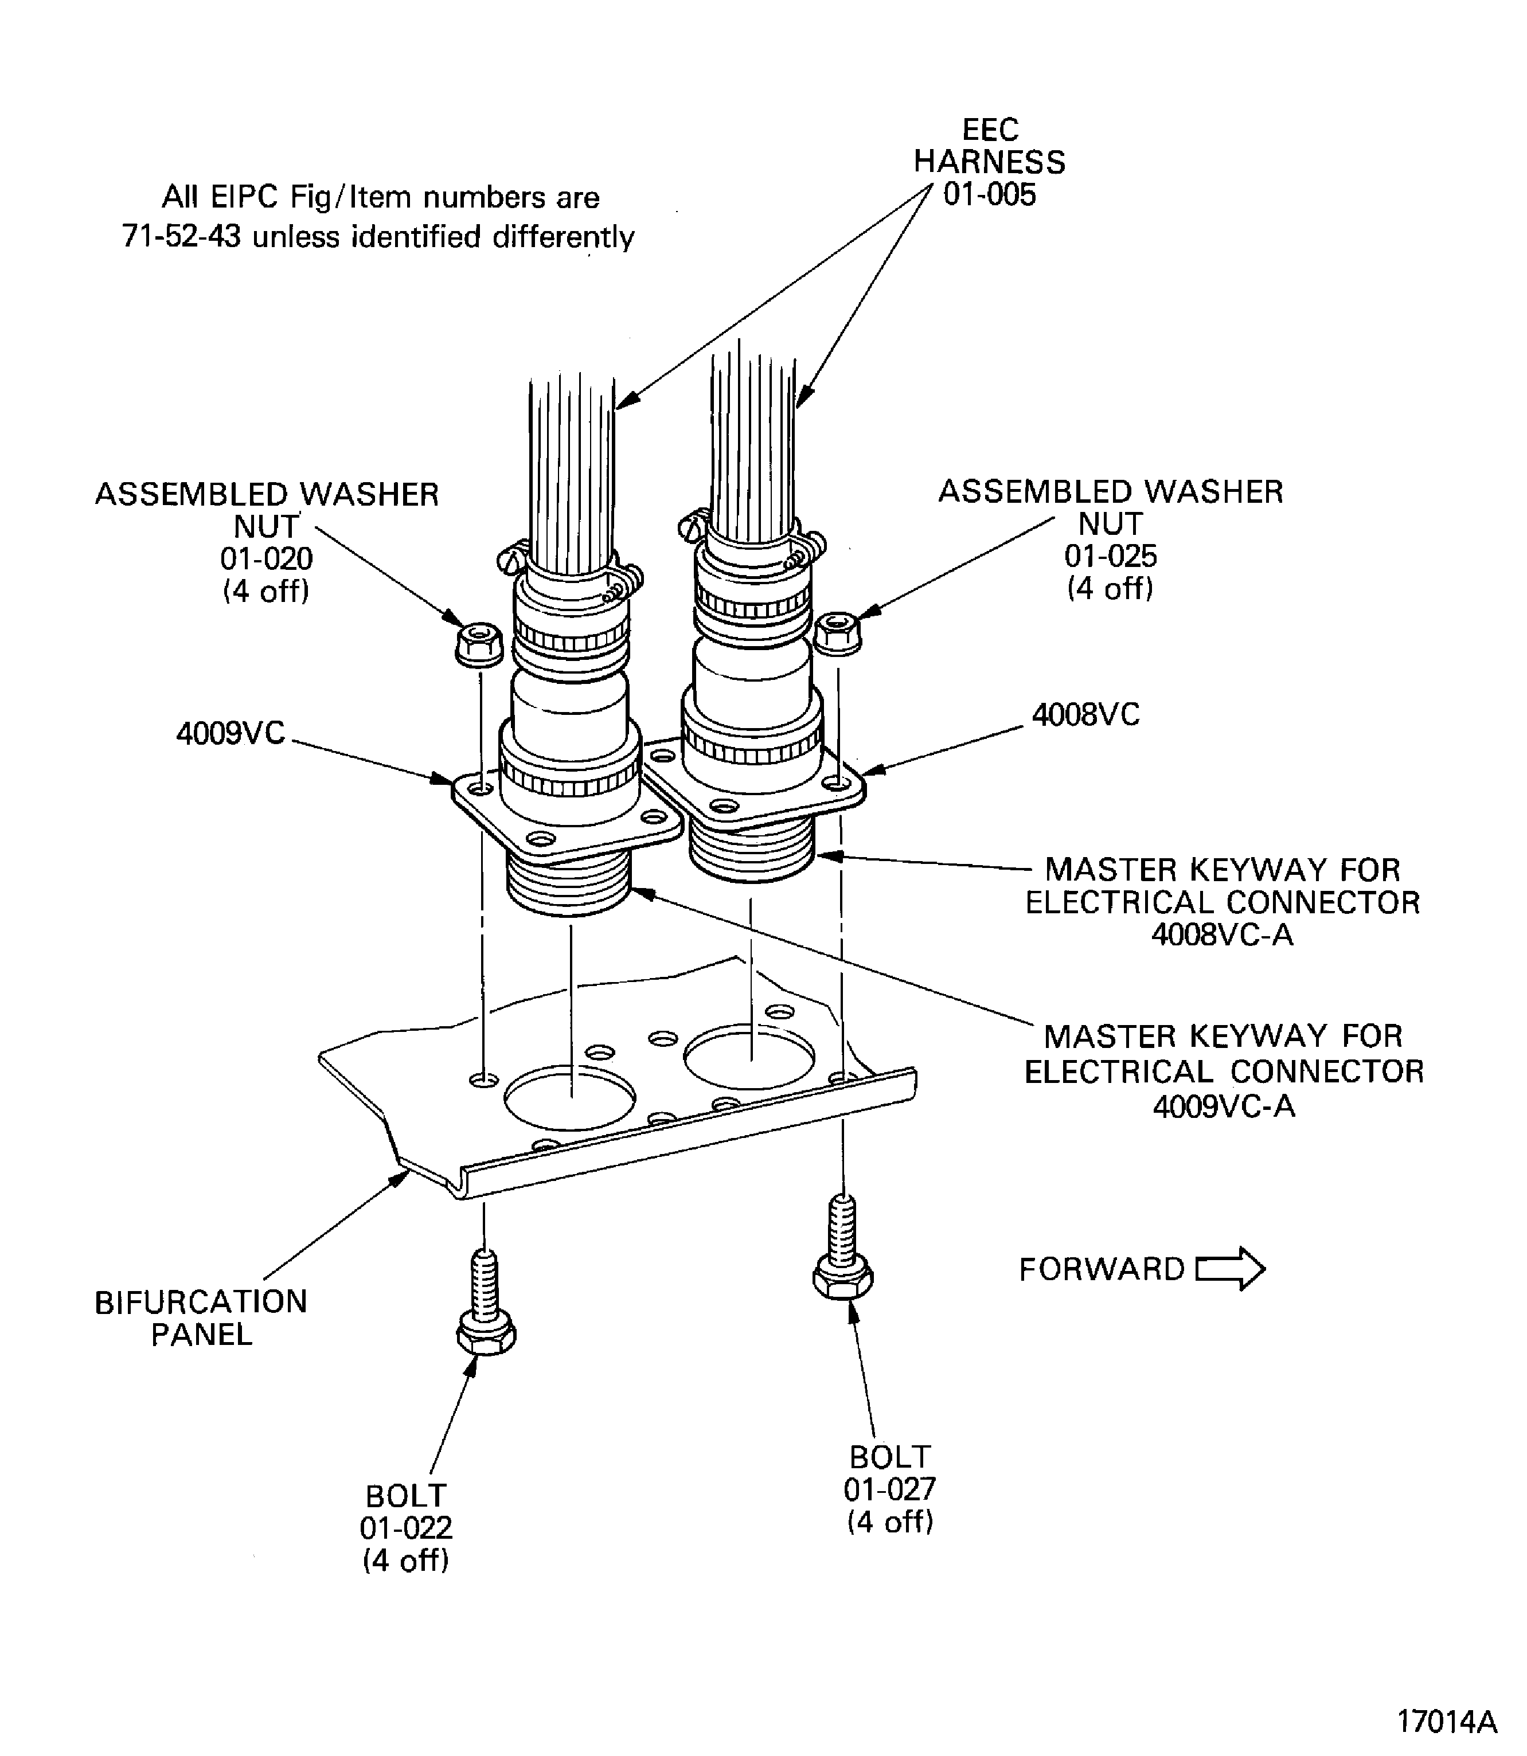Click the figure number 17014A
pos(1446,1721)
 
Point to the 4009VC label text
pos(230,733)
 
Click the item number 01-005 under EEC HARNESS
pos(989,194)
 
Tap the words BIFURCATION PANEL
pos(201,1317)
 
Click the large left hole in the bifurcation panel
pos(569,1097)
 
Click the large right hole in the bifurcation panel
pos(751,1057)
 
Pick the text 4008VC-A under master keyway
pos(1222,934)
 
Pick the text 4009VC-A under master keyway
pos(1224,1106)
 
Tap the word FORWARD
pos(1101,1269)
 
